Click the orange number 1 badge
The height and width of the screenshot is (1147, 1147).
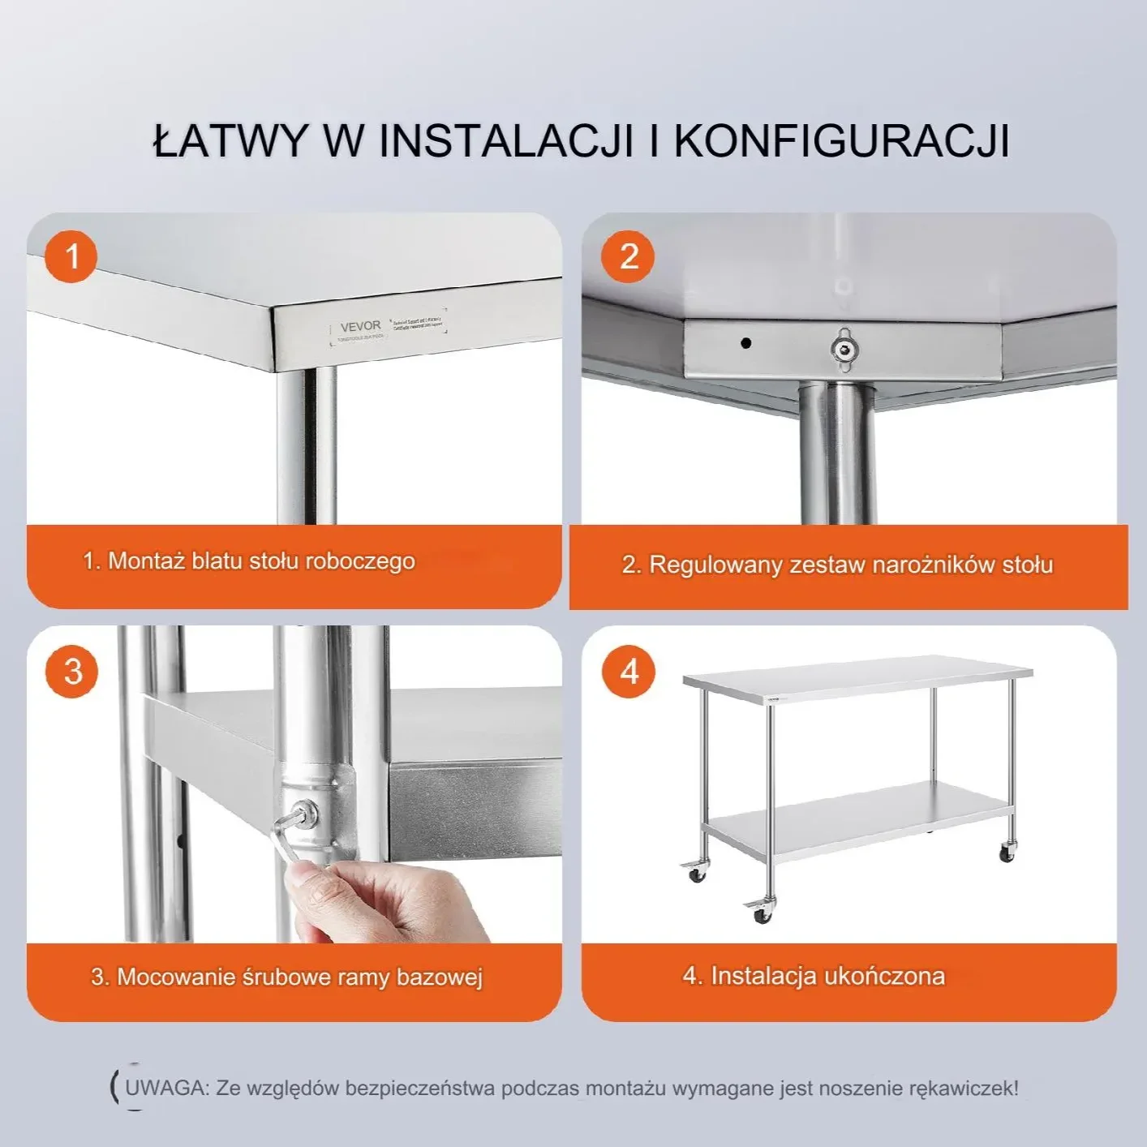click(71, 256)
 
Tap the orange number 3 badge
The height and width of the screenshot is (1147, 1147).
click(72, 671)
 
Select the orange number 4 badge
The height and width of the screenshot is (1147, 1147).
click(629, 671)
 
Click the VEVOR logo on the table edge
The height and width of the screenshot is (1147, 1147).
click(360, 326)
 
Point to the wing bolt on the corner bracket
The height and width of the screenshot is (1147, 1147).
click(844, 348)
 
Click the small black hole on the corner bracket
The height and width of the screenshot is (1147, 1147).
click(745, 343)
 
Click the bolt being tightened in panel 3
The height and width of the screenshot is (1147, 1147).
click(306, 814)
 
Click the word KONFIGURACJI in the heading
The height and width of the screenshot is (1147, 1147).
click(841, 141)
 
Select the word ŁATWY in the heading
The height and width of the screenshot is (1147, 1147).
click(230, 141)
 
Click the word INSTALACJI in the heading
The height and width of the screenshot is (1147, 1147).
click(505, 141)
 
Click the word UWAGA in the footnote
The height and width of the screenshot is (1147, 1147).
click(167, 1088)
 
